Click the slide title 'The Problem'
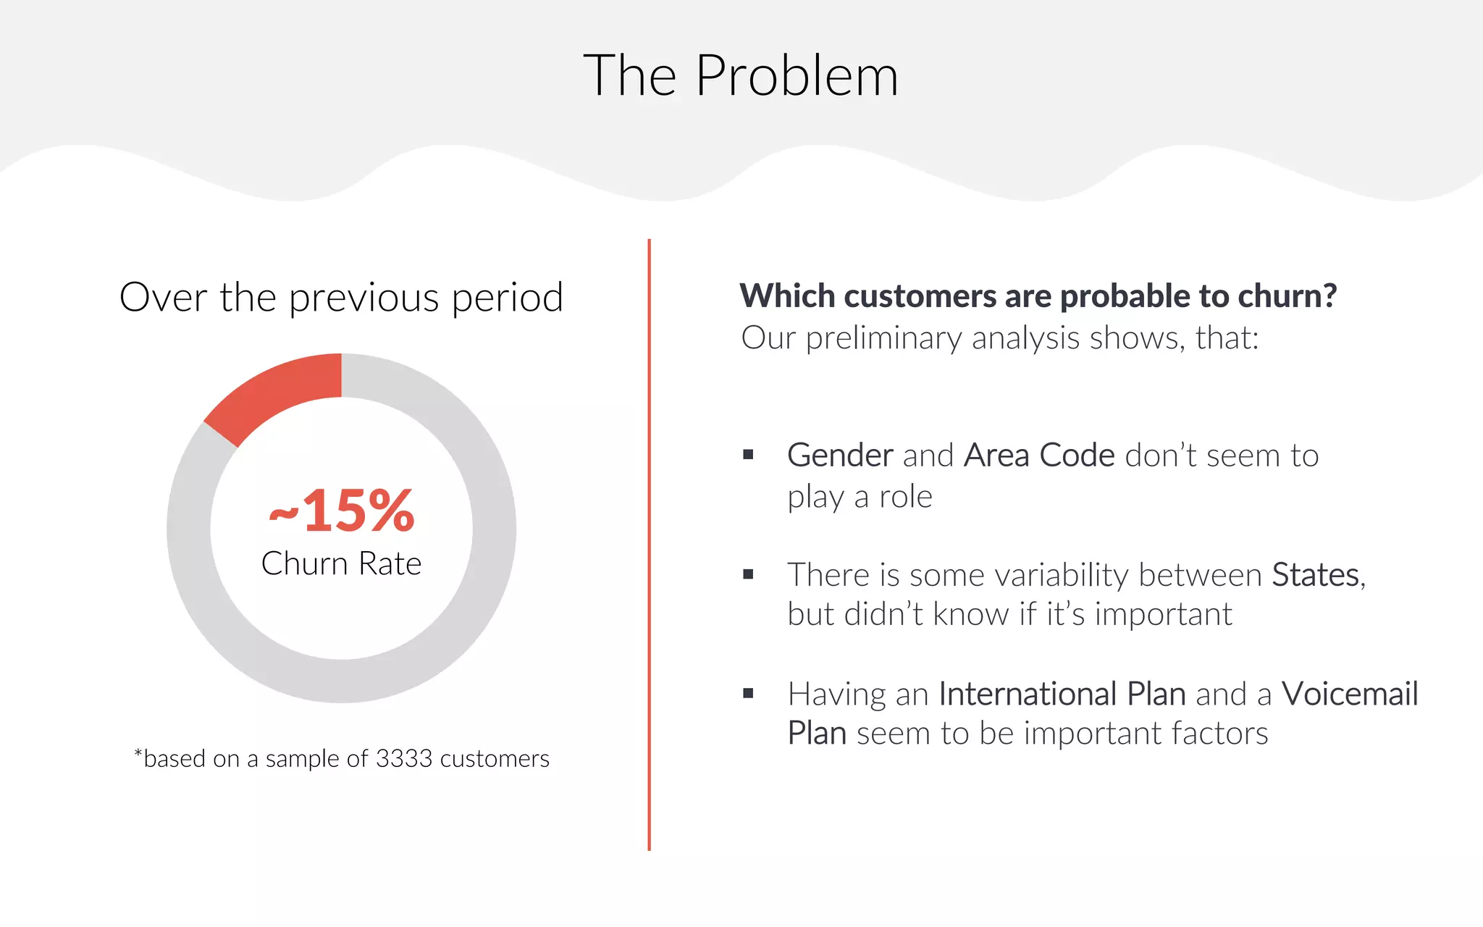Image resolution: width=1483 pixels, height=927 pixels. point(741,75)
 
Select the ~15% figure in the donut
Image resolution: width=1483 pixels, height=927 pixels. point(342,511)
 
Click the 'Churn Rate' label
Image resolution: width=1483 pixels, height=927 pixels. point(341,563)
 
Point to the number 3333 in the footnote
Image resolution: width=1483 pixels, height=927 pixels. point(404,758)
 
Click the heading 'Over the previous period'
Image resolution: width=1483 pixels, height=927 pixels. point(341,297)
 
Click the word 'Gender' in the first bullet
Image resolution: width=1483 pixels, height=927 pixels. point(840,456)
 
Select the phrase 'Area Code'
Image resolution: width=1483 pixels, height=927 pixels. point(1039,456)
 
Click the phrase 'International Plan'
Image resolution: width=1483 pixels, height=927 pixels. point(1062,694)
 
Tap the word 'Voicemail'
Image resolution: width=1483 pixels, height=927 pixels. point(1349,694)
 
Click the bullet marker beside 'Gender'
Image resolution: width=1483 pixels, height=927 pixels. point(748,455)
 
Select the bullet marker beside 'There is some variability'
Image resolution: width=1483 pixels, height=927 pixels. point(748,574)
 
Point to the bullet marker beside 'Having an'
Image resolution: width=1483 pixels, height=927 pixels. point(748,694)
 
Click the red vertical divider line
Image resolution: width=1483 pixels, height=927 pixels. point(649,543)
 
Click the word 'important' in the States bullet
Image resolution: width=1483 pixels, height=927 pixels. point(1162,614)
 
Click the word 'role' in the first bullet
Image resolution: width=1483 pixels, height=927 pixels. point(905,497)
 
